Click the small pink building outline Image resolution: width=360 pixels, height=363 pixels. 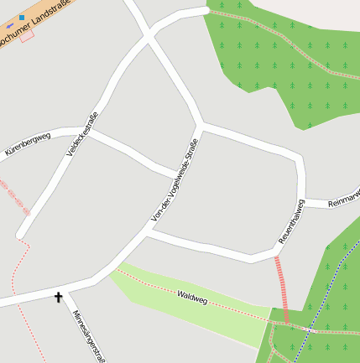(27, 36)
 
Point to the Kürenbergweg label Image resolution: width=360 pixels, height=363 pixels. (28, 143)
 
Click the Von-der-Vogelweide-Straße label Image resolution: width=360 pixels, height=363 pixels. (174, 179)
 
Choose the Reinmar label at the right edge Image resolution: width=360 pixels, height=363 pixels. (343, 199)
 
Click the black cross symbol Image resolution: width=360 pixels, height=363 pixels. (59, 296)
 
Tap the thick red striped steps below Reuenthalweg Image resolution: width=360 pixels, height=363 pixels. (281, 289)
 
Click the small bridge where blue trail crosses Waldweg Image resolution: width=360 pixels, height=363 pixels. (310, 329)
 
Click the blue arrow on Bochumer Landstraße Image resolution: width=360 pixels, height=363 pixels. (10, 27)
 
